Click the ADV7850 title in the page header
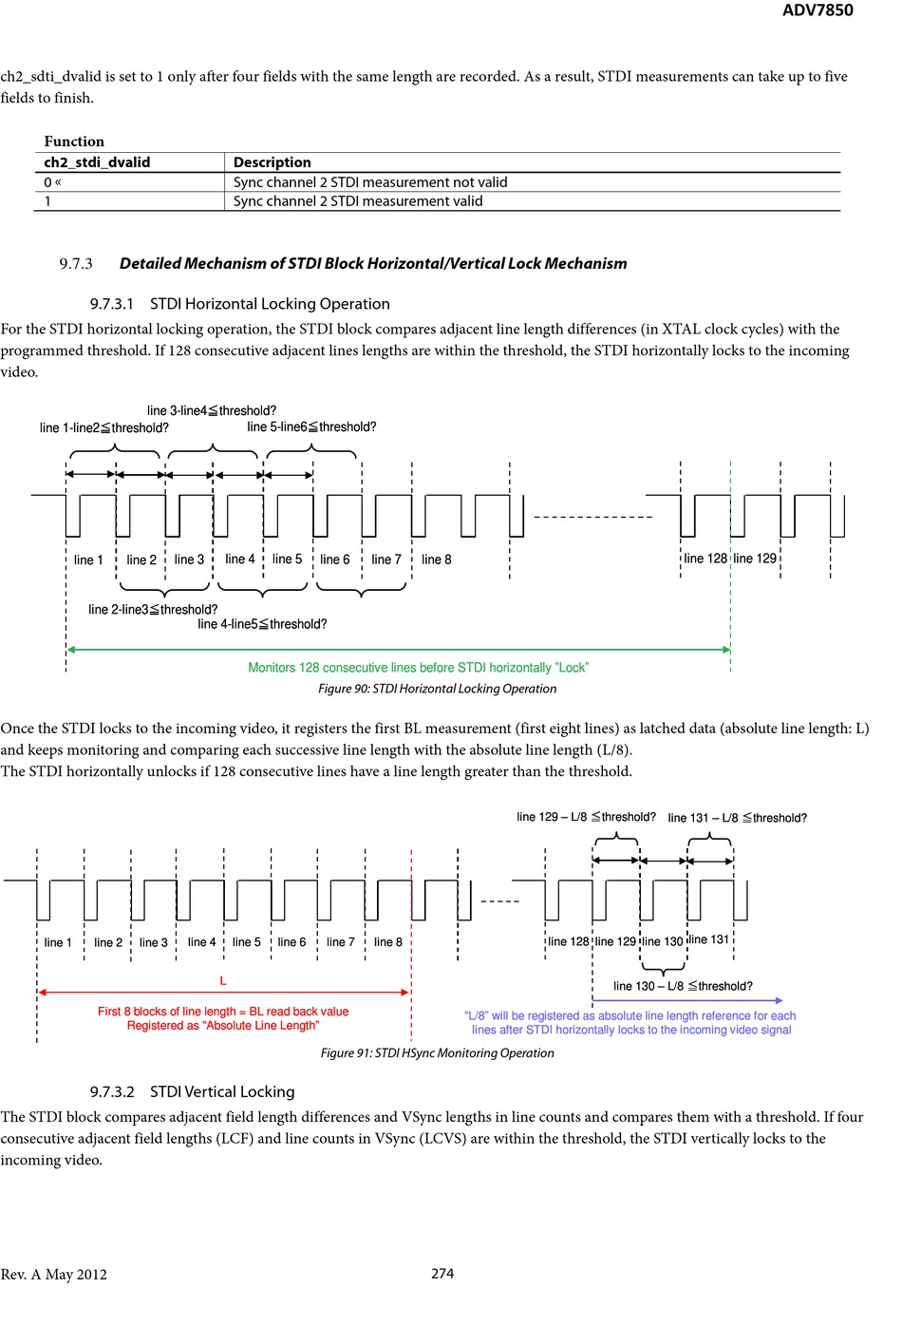click(817, 10)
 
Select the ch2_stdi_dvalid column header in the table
click(97, 162)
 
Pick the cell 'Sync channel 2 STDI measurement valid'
click(358, 201)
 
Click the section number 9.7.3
click(76, 264)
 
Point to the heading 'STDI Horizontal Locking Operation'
click(270, 304)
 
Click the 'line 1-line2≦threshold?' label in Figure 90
click(104, 428)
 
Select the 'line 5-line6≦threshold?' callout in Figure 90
click(311, 427)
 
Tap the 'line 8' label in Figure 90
click(437, 559)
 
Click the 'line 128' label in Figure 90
click(705, 559)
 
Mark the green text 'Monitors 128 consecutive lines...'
click(418, 668)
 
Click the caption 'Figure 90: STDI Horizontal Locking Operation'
click(437, 689)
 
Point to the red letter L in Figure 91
click(223, 980)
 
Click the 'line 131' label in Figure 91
click(708, 939)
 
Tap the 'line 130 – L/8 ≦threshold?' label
click(683, 986)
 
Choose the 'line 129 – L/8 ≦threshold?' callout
click(586, 817)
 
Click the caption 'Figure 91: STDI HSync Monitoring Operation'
click(437, 1052)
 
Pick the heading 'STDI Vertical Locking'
click(222, 1092)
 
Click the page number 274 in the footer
click(442, 1274)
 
